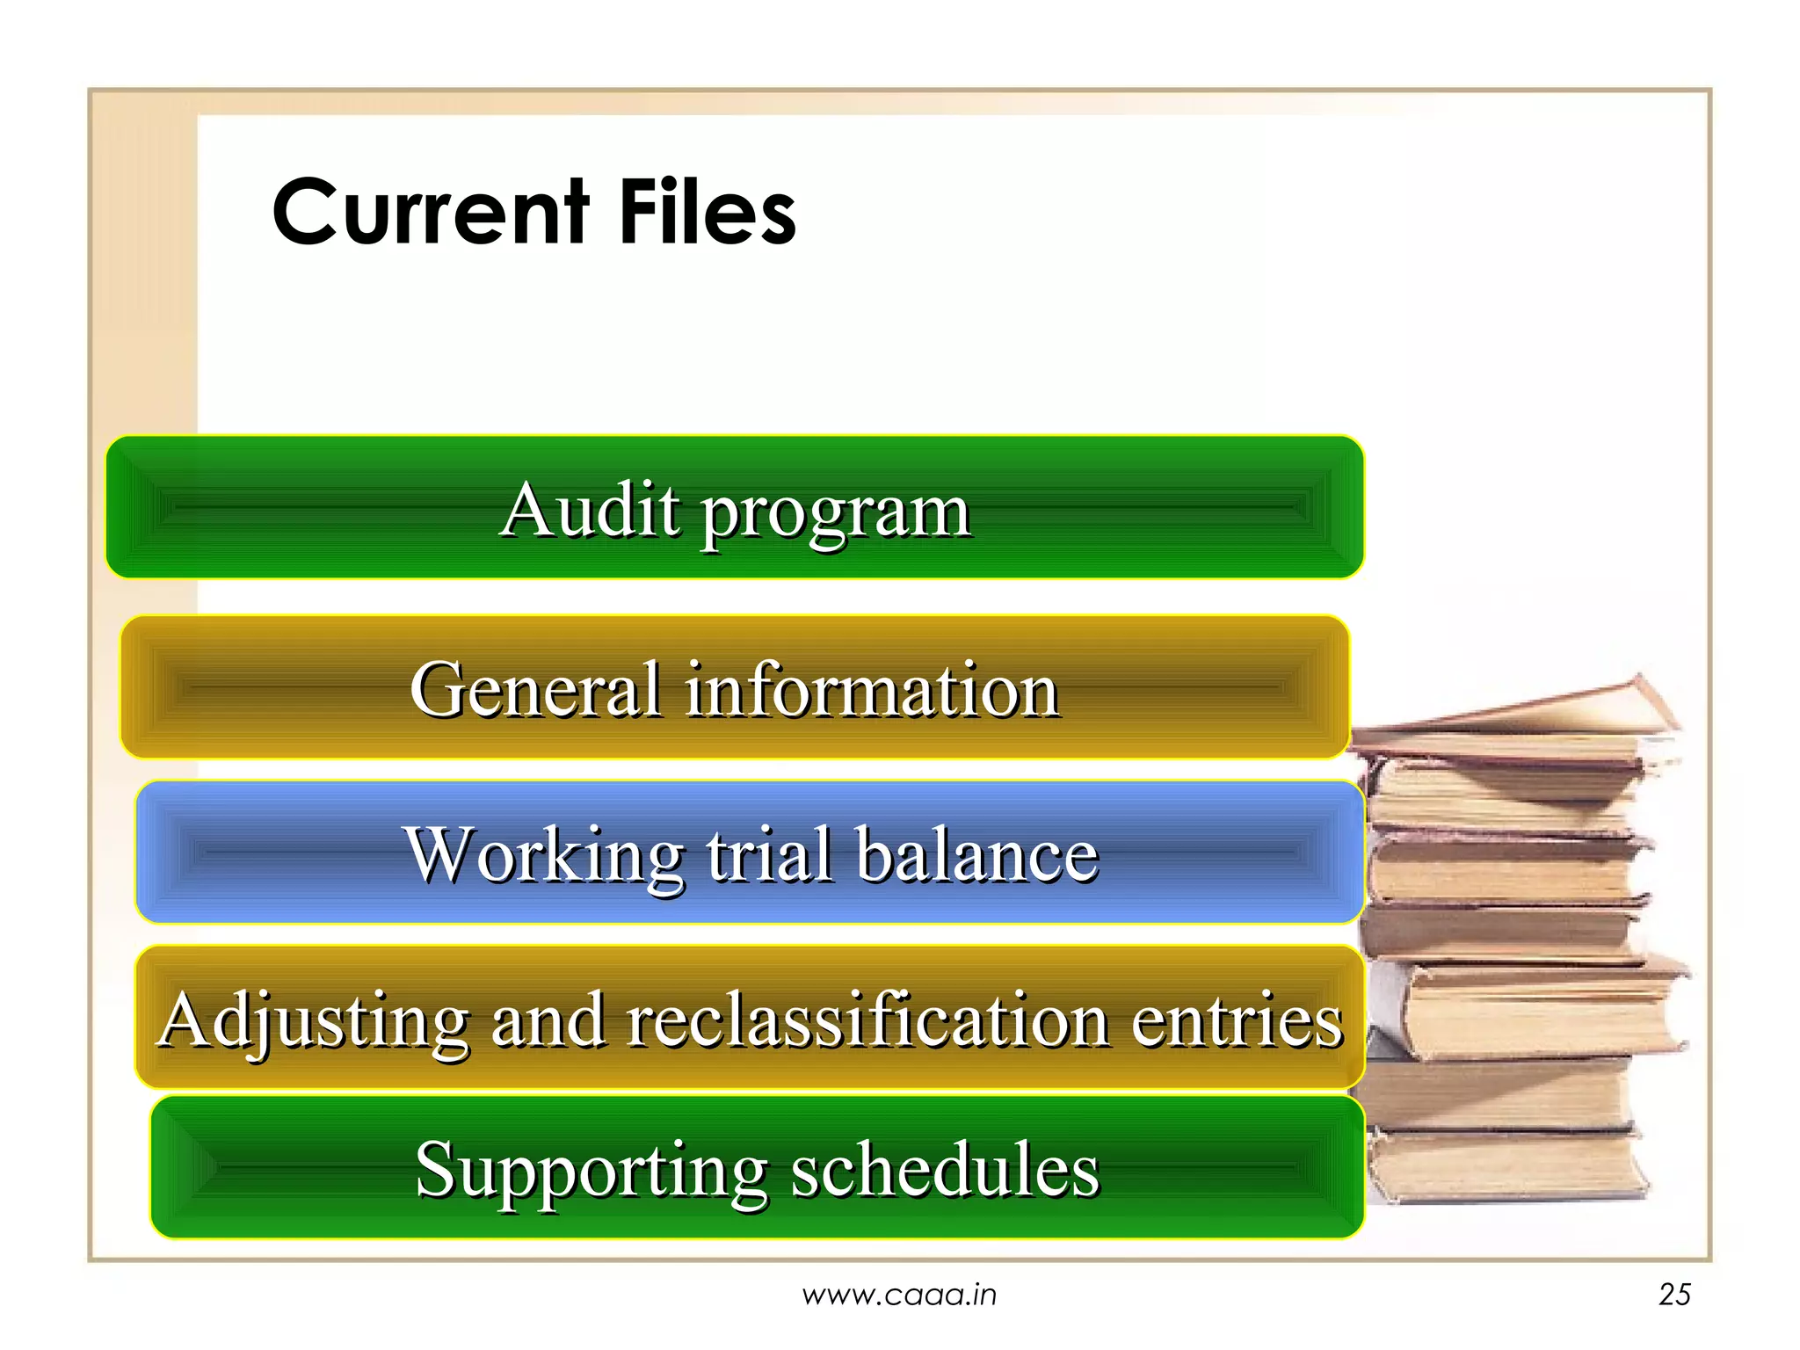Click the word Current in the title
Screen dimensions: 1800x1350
tap(430, 213)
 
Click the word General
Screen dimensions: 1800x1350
tap(535, 690)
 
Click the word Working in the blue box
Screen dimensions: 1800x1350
tap(544, 855)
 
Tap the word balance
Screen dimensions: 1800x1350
tap(977, 853)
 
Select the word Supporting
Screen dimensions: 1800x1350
tap(592, 1172)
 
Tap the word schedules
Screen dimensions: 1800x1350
tap(945, 1170)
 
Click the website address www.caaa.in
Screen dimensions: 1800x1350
tap(899, 1295)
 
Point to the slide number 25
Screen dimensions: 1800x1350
tap(1674, 1295)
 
